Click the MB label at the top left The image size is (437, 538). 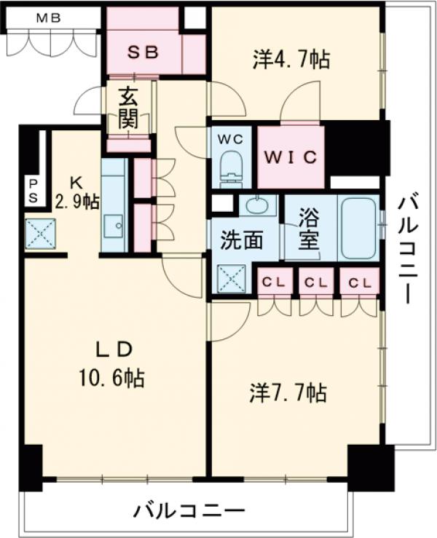click(x=49, y=18)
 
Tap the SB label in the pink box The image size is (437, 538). click(x=143, y=52)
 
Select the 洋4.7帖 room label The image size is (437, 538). click(x=292, y=59)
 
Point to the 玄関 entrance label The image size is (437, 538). click(x=130, y=108)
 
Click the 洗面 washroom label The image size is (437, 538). click(x=243, y=241)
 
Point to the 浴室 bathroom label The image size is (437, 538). click(x=310, y=228)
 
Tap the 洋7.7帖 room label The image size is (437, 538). click(x=291, y=393)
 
